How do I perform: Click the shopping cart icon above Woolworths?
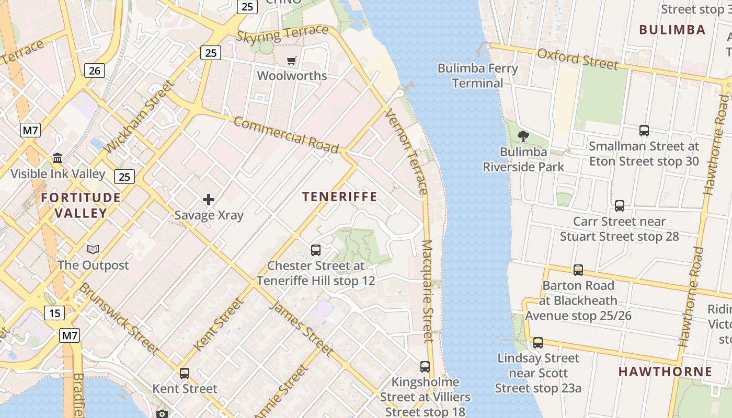tap(292, 61)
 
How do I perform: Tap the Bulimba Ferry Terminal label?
tap(477, 76)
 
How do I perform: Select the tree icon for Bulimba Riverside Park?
tap(523, 136)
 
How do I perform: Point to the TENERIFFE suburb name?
tap(340, 196)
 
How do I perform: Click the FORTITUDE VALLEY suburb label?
tap(81, 205)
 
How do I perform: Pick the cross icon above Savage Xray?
tap(209, 200)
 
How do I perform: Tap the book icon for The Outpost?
tap(93, 250)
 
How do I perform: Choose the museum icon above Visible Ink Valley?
tap(58, 158)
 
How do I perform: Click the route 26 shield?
tap(95, 70)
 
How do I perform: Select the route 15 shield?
tap(54, 313)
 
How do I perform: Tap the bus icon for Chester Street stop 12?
tap(316, 250)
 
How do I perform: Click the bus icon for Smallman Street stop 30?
tap(644, 131)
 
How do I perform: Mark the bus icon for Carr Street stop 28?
tap(620, 206)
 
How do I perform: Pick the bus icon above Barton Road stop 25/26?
tap(578, 270)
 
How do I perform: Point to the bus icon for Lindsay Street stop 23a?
tap(538, 343)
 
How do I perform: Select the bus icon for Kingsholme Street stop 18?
tap(425, 367)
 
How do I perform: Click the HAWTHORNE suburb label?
tap(665, 371)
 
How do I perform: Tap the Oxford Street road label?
tap(578, 59)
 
